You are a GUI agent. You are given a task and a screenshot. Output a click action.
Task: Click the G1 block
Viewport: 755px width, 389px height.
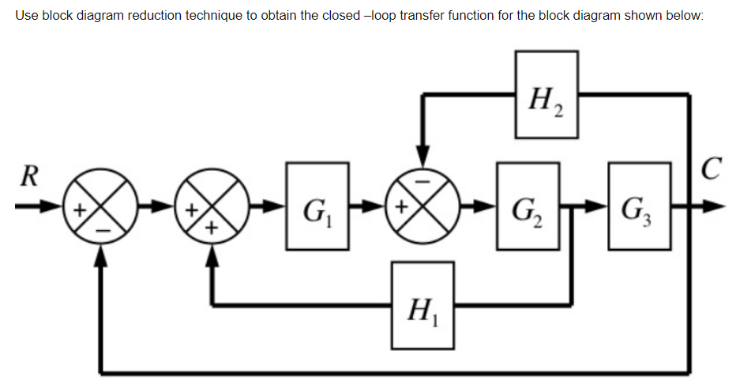point(317,206)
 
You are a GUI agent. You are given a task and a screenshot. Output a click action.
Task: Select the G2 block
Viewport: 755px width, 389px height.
point(527,206)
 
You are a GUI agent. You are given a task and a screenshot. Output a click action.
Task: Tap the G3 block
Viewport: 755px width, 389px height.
point(638,206)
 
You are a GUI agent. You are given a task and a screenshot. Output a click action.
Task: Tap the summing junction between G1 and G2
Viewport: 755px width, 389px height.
point(423,207)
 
